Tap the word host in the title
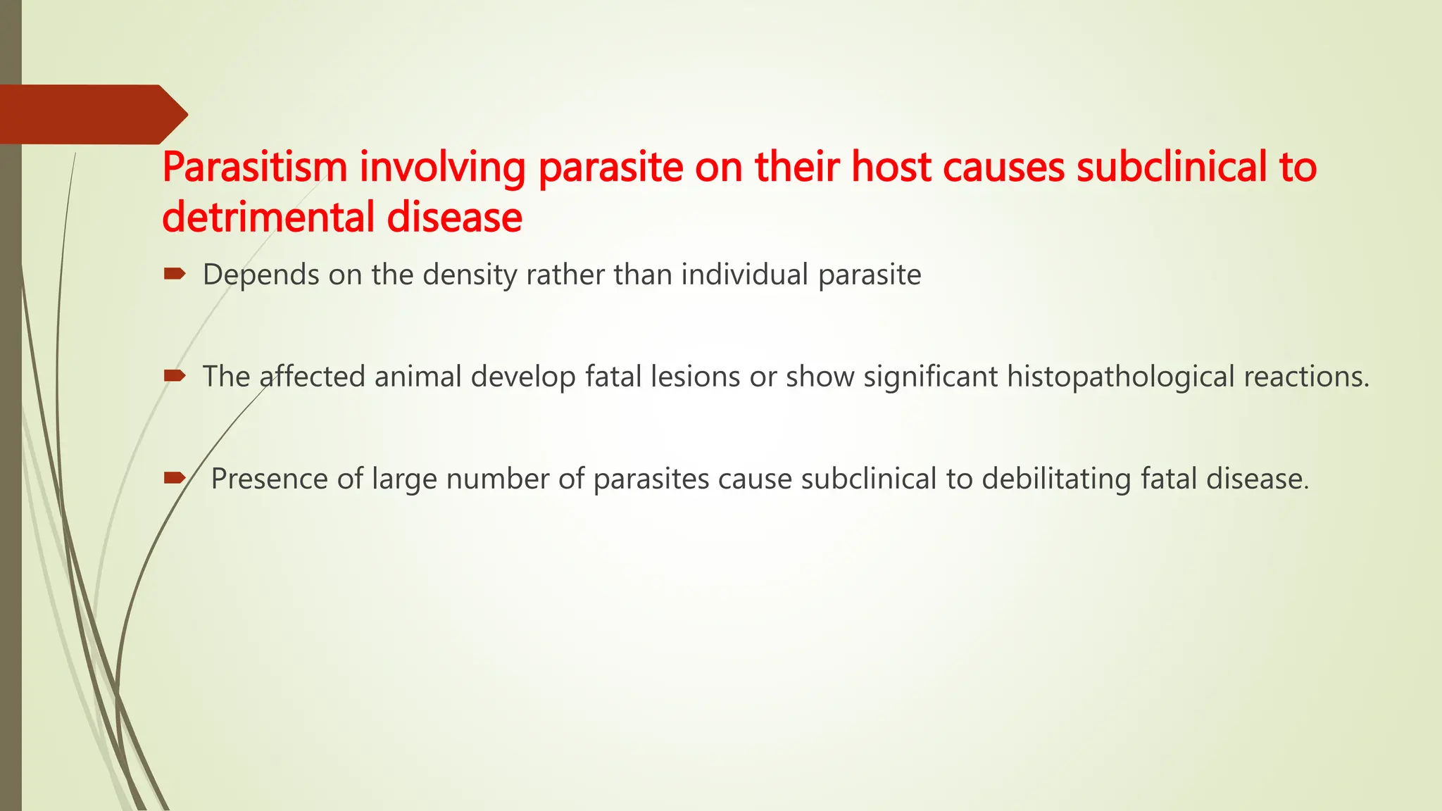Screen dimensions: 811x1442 (x=891, y=168)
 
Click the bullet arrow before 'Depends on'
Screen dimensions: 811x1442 (x=174, y=273)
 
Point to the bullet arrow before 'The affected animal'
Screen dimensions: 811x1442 (x=174, y=376)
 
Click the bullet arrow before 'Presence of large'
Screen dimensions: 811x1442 (x=174, y=479)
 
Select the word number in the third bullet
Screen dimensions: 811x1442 (x=498, y=479)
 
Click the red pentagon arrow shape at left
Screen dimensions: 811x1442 (x=92, y=114)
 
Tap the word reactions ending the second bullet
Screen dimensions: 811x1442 (x=1306, y=377)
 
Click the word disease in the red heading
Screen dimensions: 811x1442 (x=455, y=217)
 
